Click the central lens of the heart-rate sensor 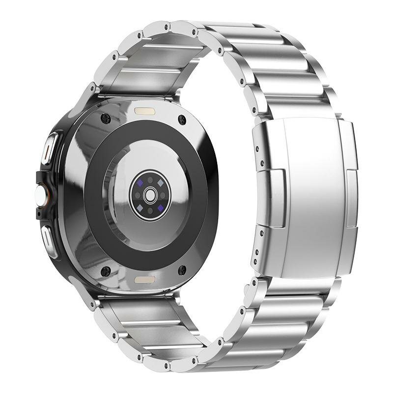coord(150,196)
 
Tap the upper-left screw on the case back coord(105,118)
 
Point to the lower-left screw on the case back coord(105,271)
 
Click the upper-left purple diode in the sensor coord(140,182)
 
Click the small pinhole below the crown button coord(39,214)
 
